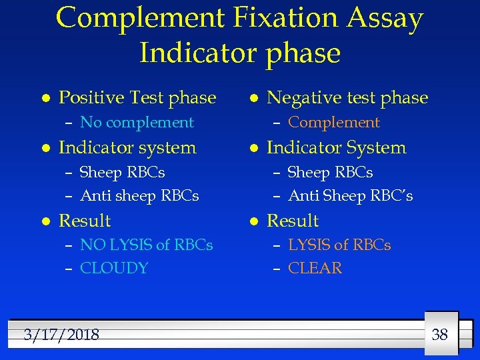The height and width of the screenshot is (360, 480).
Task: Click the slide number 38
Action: coord(439,335)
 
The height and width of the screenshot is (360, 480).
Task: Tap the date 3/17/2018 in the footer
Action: coord(61,335)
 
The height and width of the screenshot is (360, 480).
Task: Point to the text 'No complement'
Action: coord(137,123)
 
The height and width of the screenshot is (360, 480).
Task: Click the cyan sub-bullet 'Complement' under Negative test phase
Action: coord(333,123)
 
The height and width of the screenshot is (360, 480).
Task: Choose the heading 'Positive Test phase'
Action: coord(137,98)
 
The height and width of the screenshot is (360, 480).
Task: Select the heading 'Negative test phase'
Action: coord(347,98)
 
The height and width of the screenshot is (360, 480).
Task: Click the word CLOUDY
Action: coord(114,269)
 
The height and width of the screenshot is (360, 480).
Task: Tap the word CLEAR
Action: coord(315,269)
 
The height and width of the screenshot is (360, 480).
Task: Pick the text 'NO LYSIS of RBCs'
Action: coord(146,245)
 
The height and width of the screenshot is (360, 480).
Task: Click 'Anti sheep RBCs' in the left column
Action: coord(139,196)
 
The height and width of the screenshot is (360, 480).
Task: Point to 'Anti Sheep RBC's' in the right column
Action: coord(350,196)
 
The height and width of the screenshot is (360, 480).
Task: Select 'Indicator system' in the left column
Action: coord(127,147)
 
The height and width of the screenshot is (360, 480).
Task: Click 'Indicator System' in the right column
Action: coord(336,147)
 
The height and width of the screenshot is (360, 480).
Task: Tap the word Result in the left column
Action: coord(85,221)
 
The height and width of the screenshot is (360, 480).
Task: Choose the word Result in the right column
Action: coord(293,221)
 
